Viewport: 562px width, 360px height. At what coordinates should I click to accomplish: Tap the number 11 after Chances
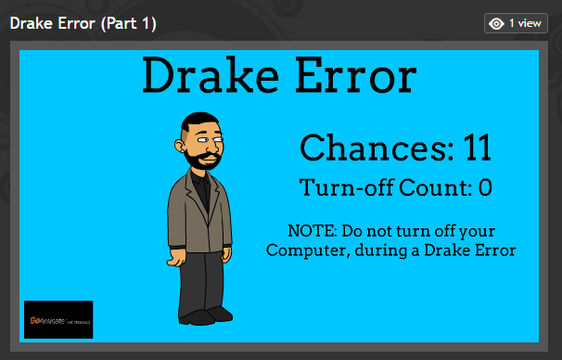[x=477, y=148]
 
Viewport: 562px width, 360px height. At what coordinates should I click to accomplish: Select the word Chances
[x=377, y=148]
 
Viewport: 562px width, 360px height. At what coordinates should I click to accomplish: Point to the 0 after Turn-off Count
[x=484, y=188]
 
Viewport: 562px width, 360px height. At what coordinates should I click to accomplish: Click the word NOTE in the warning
[x=312, y=230]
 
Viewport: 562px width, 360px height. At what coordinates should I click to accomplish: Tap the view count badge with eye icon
[x=509, y=23]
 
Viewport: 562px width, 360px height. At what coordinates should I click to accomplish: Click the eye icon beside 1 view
[x=496, y=23]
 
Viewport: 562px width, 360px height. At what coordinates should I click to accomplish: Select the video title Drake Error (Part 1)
[x=83, y=22]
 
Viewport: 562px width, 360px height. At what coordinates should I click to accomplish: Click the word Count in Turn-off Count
[x=435, y=188]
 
